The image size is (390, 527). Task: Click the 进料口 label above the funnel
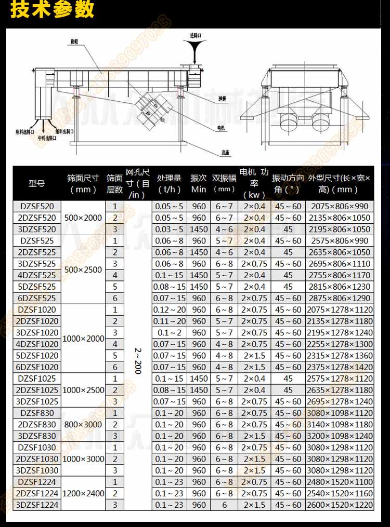(196, 35)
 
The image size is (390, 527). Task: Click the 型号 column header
(37, 183)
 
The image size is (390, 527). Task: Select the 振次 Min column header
(199, 183)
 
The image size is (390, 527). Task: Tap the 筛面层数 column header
(114, 183)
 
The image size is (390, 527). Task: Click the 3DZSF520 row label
(37, 229)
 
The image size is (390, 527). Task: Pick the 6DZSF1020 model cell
(37, 367)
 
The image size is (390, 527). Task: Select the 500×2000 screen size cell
(83, 218)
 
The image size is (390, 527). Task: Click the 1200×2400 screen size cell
(83, 493)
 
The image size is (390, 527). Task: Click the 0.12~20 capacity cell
(170, 309)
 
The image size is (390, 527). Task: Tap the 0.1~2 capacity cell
(170, 332)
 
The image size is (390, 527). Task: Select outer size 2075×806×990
(339, 206)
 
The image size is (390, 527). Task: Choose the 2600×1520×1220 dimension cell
(339, 505)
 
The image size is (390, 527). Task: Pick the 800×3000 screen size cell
(83, 424)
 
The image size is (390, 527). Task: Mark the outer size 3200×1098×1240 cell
(339, 436)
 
